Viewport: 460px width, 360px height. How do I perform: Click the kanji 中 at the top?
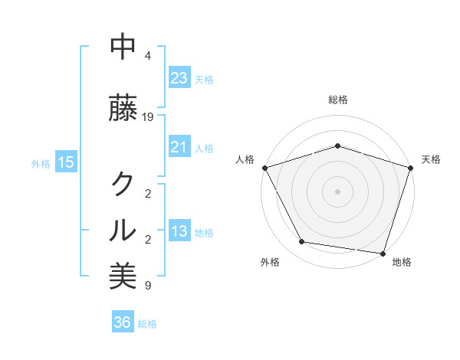(x=123, y=47)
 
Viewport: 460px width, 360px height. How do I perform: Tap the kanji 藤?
(x=123, y=109)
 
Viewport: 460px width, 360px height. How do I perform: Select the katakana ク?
(x=123, y=184)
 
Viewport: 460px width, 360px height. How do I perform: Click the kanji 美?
(x=123, y=276)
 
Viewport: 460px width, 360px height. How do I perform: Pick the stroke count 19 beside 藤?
(x=148, y=117)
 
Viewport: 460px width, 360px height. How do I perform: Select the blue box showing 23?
(x=179, y=77)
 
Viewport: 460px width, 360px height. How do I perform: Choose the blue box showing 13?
(x=179, y=231)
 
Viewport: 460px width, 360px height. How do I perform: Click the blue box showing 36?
(x=122, y=322)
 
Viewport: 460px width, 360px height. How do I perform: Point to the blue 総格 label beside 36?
(x=147, y=324)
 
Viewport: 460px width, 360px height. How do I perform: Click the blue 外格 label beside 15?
(x=41, y=163)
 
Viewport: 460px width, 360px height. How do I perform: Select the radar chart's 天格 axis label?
(x=431, y=159)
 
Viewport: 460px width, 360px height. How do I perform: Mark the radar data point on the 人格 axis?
(x=264, y=168)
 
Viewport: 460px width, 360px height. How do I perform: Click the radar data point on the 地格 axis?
(x=383, y=253)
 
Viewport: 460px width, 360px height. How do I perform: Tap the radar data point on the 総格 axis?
(x=337, y=146)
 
